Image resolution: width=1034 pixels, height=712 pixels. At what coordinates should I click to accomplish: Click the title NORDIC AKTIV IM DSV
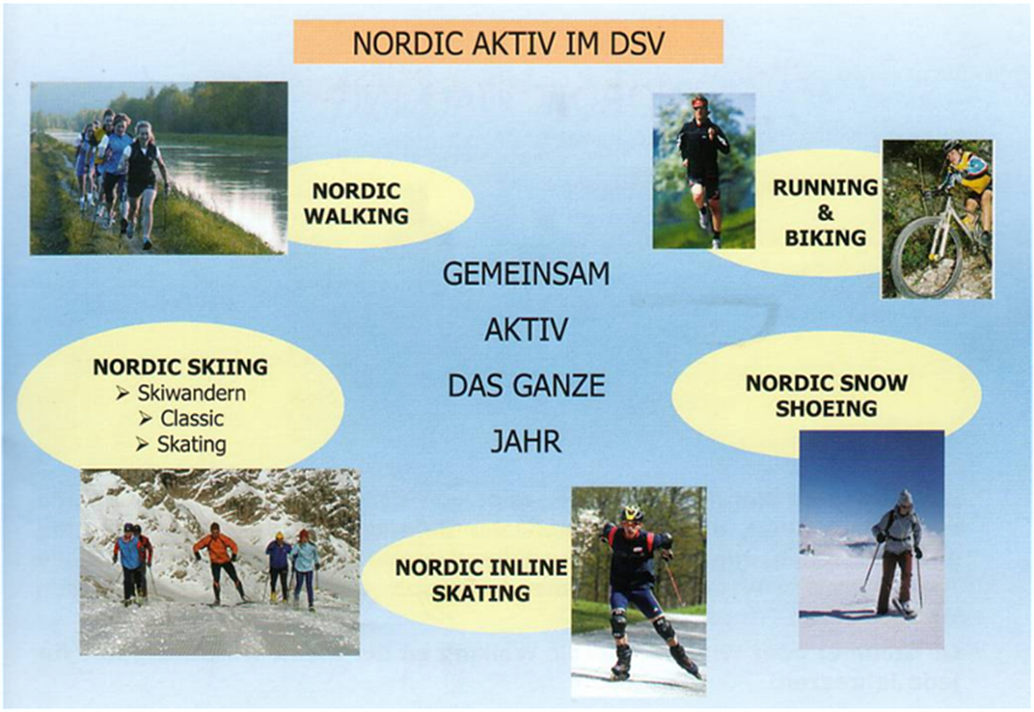pyautogui.click(x=509, y=43)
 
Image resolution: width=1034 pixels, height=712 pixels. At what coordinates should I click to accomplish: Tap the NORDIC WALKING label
pyautogui.click(x=356, y=203)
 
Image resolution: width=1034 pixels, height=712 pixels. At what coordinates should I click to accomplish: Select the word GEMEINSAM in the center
pyautogui.click(x=526, y=274)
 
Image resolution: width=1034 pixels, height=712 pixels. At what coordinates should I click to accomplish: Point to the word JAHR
pyautogui.click(x=526, y=441)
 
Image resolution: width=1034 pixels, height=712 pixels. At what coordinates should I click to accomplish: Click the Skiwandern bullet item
pyautogui.click(x=181, y=393)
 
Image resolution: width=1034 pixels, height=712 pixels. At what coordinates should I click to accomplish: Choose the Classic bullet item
pyautogui.click(x=182, y=419)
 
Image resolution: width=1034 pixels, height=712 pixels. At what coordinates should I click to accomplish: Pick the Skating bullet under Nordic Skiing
pyautogui.click(x=181, y=444)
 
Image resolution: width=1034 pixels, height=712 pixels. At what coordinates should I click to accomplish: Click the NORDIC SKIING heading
pyautogui.click(x=181, y=367)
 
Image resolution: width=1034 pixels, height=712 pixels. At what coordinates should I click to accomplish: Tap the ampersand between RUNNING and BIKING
pyautogui.click(x=826, y=213)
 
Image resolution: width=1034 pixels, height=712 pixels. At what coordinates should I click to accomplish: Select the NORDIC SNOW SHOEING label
pyautogui.click(x=826, y=395)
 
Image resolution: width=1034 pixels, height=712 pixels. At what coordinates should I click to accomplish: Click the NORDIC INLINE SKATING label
pyautogui.click(x=481, y=580)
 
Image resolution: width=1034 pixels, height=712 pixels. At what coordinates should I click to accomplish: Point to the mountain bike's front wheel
pyautogui.click(x=918, y=258)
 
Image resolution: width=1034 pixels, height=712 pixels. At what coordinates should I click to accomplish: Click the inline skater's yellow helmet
pyautogui.click(x=632, y=513)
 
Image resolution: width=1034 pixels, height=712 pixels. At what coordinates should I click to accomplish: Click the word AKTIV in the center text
pyautogui.click(x=526, y=330)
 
